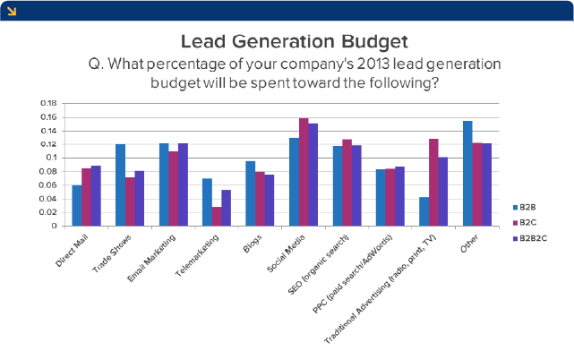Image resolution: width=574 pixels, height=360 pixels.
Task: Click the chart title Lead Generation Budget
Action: (294, 41)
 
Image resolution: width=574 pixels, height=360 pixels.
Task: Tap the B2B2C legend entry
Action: (535, 237)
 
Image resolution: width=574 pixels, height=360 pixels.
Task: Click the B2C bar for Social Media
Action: (304, 172)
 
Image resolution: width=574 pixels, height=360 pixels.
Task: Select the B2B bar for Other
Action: (467, 173)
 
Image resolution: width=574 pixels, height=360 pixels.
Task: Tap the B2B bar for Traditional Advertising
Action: (424, 211)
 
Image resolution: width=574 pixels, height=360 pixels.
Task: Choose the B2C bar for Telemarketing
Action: (217, 216)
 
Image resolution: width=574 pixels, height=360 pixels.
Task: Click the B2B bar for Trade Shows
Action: (120, 184)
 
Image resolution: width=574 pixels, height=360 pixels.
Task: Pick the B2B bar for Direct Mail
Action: (76, 205)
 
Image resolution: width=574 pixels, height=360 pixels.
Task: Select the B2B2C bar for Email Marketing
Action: (183, 184)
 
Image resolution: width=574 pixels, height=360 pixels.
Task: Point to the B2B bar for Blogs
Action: (251, 193)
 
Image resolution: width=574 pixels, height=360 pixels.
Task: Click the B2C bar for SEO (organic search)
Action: (347, 183)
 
